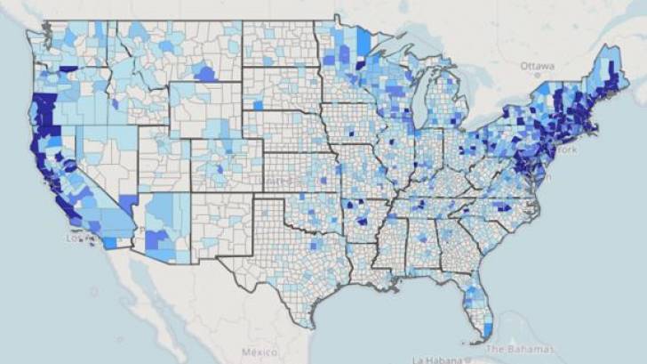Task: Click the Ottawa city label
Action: pyautogui.click(x=538, y=67)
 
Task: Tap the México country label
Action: pyautogui.click(x=261, y=352)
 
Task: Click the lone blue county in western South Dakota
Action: pyautogui.click(x=258, y=105)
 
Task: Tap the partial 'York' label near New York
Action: pyautogui.click(x=567, y=150)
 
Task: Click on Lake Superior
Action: pyautogui.click(x=400, y=53)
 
